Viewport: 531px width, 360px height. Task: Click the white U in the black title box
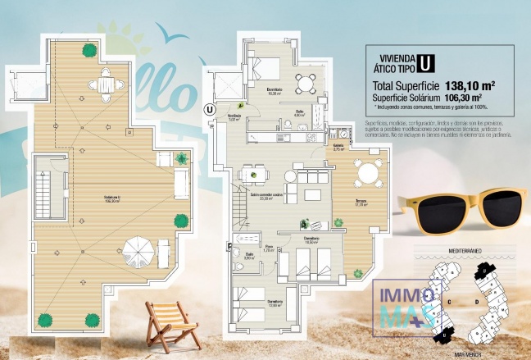coord(424,62)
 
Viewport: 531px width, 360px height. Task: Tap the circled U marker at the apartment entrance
coord(210,107)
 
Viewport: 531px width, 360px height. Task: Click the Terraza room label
coord(361,202)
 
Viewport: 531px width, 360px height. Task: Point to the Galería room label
coord(338,147)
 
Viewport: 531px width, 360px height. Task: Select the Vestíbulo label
coord(234,116)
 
